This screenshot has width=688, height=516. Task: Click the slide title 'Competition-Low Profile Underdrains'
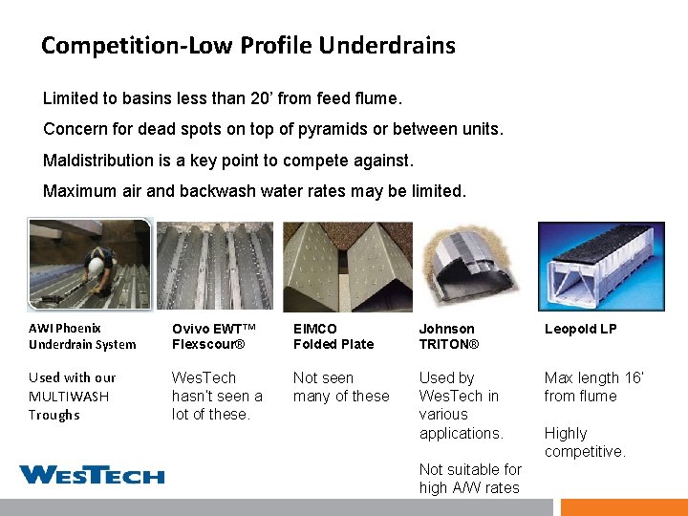(x=247, y=45)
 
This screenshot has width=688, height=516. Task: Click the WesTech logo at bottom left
(x=92, y=474)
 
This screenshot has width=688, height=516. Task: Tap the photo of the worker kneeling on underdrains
(x=90, y=264)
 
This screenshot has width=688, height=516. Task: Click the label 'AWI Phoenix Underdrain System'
(x=82, y=336)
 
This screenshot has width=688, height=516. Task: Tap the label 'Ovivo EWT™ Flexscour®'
(x=215, y=336)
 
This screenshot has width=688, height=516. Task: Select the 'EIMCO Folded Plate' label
(x=333, y=336)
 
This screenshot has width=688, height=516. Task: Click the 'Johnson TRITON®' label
(x=448, y=336)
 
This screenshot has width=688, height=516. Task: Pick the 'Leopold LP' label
(x=580, y=329)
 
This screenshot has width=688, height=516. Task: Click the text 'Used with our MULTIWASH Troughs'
(x=72, y=397)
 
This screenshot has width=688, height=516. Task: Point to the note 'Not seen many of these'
(x=341, y=387)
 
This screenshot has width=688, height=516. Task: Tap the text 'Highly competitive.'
(x=585, y=442)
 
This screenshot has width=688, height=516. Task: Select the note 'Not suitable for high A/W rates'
(x=470, y=479)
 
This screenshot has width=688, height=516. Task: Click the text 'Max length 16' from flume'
(x=593, y=387)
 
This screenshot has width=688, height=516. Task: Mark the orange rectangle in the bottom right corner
(x=623, y=507)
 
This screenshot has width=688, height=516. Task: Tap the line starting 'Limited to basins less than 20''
(x=223, y=98)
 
